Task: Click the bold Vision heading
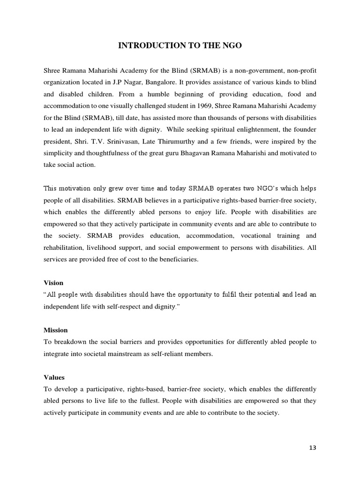click(53, 283)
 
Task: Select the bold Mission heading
click(56, 330)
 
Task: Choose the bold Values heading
click(54, 377)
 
